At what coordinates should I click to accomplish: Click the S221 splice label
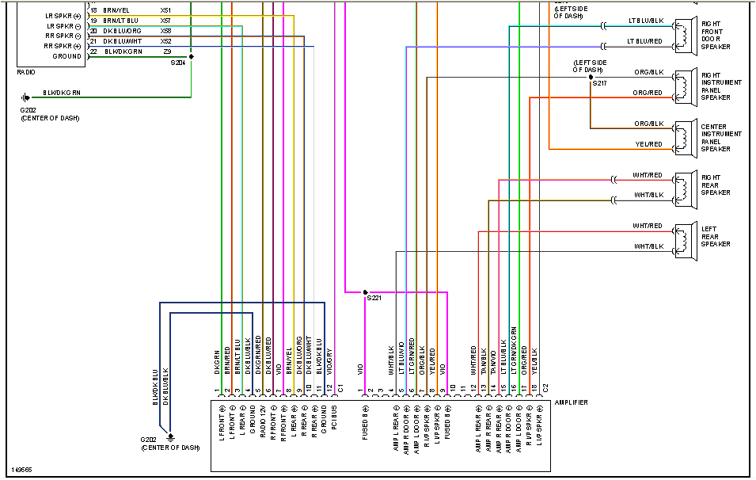373,299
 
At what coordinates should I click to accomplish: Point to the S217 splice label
600,83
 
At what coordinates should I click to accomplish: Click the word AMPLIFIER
572,403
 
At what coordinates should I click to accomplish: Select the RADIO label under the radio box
26,72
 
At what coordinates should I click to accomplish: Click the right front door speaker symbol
682,35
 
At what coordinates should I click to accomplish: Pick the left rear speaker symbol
682,239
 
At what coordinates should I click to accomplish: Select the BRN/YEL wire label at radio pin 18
116,10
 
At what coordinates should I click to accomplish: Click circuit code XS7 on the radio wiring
165,21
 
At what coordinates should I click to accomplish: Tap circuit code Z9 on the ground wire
167,51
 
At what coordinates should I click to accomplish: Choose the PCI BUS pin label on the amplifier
334,419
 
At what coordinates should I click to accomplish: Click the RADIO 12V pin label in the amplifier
263,421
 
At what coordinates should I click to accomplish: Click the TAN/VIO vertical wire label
493,360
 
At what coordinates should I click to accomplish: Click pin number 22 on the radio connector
93,51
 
